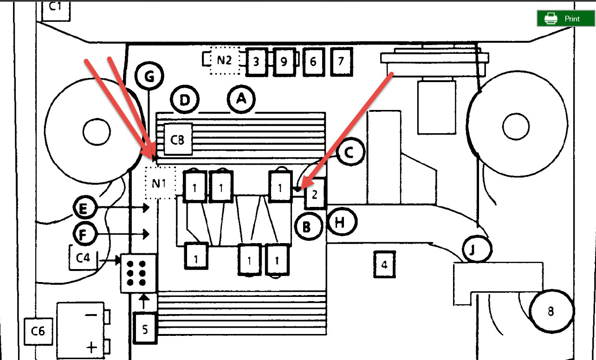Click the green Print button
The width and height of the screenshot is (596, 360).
(x=565, y=19)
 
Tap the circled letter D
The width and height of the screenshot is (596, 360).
(x=185, y=101)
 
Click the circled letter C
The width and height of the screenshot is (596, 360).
(x=351, y=151)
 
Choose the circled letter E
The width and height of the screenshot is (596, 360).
(x=84, y=209)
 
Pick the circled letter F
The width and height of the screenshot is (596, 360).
(x=84, y=235)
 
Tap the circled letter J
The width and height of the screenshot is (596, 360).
(x=477, y=250)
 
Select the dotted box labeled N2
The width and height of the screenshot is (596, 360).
(x=224, y=61)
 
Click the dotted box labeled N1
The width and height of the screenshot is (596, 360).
(x=159, y=182)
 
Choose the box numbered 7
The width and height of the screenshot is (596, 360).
(x=341, y=61)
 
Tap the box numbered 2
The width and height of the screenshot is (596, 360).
(x=315, y=193)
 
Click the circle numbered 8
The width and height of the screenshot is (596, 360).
(x=551, y=311)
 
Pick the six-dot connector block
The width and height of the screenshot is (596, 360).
(x=139, y=273)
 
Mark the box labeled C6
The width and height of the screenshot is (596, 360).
(x=38, y=331)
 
